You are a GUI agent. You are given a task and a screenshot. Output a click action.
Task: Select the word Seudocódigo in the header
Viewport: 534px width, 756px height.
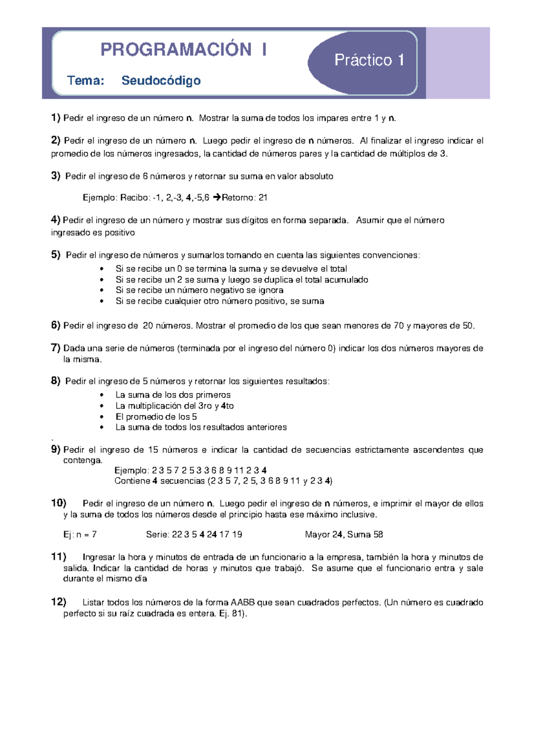(161, 81)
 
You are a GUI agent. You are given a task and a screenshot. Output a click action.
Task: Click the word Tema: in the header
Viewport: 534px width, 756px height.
(85, 81)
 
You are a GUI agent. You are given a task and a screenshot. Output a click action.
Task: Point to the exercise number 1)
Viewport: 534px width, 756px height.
(56, 118)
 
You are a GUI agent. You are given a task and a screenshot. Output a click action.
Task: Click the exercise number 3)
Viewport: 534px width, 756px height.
(56, 176)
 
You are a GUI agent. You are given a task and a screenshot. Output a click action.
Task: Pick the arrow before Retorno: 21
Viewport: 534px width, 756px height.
(217, 197)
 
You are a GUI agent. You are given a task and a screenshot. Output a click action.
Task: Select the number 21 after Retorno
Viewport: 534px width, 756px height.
(263, 198)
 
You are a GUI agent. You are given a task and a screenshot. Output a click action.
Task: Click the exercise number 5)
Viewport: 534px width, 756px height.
(56, 255)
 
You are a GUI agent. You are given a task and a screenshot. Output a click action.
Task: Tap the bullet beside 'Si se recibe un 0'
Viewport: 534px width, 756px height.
(102, 269)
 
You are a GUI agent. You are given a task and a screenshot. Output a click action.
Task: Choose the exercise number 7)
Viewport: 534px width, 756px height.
(56, 348)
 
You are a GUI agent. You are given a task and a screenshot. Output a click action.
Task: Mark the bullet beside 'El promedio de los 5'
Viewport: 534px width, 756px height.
(102, 417)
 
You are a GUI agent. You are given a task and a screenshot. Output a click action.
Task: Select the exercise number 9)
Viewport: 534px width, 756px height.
(56, 449)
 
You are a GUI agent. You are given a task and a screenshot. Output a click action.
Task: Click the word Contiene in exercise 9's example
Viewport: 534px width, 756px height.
(132, 481)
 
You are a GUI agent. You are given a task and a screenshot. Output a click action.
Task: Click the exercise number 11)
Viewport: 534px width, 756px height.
(59, 557)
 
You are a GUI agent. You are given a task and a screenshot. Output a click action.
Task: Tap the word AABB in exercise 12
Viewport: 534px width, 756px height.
(243, 602)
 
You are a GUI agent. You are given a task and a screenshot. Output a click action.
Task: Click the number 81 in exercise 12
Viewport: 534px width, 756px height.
(237, 614)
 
